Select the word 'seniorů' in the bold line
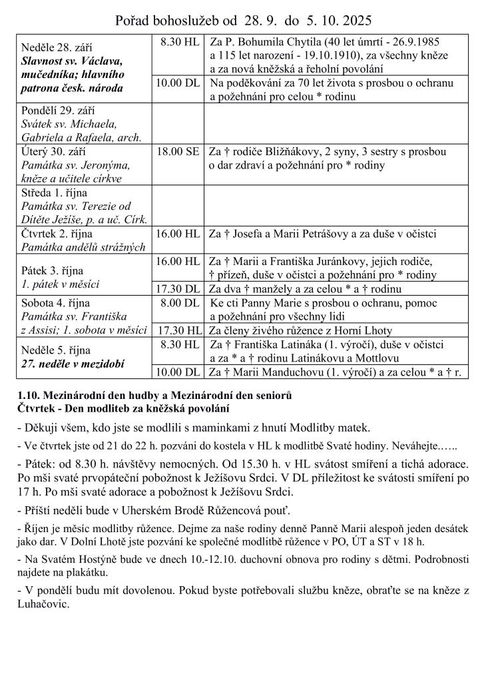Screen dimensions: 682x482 point(274,395)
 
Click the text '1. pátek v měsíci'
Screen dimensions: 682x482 point(61,284)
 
